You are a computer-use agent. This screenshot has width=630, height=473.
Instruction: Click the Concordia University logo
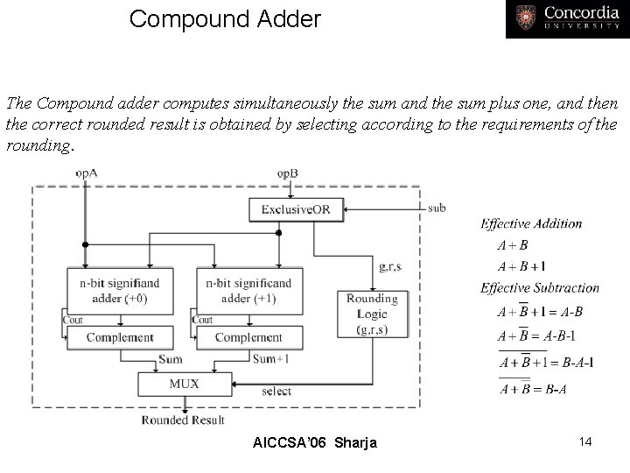[x=566, y=19]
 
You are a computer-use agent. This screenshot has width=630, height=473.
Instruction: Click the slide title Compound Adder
[x=225, y=18]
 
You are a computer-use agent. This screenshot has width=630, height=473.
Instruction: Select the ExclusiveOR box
[x=296, y=209]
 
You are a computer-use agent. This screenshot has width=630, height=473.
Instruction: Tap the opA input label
[x=86, y=173]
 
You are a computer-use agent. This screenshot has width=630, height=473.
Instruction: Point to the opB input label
[x=287, y=173]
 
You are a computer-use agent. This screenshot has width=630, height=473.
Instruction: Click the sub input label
[x=437, y=208]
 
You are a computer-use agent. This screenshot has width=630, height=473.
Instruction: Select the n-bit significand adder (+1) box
[x=248, y=290]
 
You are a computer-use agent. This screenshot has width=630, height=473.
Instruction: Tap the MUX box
[x=184, y=383]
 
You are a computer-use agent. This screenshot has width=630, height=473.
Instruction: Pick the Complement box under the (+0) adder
[x=121, y=337]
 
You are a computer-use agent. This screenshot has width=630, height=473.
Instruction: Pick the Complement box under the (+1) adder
[x=248, y=337]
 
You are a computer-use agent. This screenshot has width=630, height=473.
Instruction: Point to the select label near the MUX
[x=276, y=391]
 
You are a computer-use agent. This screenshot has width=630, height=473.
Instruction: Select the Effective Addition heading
[x=531, y=223]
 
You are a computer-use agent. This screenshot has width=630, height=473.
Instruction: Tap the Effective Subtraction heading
[x=540, y=287]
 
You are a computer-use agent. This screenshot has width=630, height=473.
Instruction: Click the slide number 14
[x=584, y=441]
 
